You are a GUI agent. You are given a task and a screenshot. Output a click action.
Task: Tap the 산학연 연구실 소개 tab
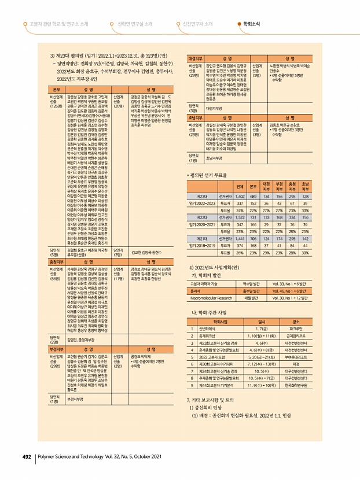click(135, 24)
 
